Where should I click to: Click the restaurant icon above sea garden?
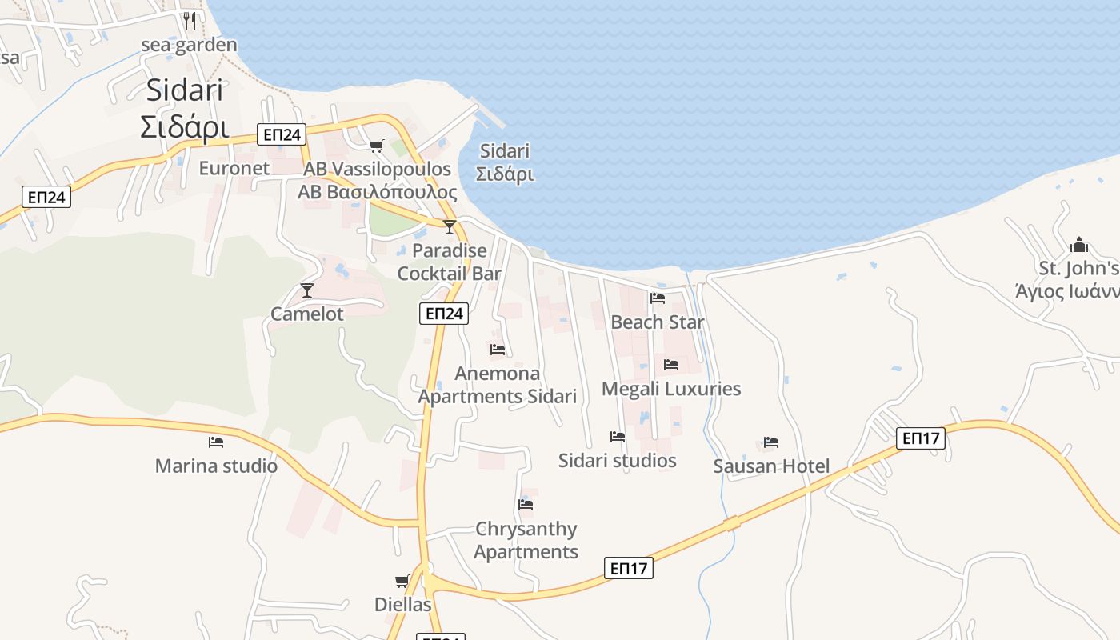pyautogui.click(x=190, y=20)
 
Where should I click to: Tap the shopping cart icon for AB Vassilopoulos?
pyautogui.click(x=376, y=146)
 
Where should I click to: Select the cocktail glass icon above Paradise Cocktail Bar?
pyautogui.click(x=450, y=227)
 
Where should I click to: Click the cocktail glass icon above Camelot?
pyautogui.click(x=307, y=290)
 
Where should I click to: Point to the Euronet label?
pyautogui.click(x=234, y=168)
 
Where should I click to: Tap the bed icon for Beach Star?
pyautogui.click(x=658, y=298)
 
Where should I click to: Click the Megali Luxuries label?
pyautogui.click(x=671, y=389)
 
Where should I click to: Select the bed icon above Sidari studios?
pyautogui.click(x=618, y=437)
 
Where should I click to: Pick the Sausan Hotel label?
pyautogui.click(x=771, y=466)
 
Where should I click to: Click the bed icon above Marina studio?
pyautogui.click(x=216, y=442)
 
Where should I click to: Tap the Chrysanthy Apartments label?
pyautogui.click(x=526, y=540)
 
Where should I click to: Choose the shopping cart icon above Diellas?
pyautogui.click(x=402, y=581)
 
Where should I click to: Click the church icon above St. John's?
pyautogui.click(x=1079, y=245)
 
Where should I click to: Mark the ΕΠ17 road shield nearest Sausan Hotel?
pyautogui.click(x=922, y=438)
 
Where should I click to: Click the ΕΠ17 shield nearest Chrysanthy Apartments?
pyautogui.click(x=629, y=568)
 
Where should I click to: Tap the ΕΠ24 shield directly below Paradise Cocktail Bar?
pyautogui.click(x=443, y=314)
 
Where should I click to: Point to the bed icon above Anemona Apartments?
pyautogui.click(x=498, y=350)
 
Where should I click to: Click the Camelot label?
pyautogui.click(x=307, y=314)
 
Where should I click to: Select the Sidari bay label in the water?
pyautogui.click(x=505, y=162)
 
